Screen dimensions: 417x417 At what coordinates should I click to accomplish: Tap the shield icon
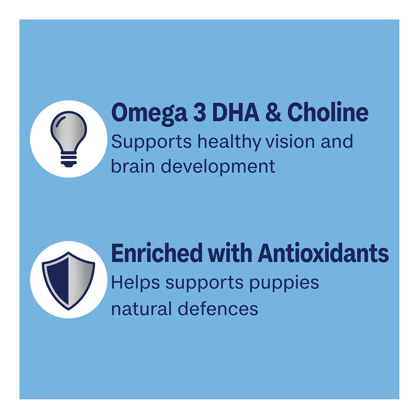tap(68, 281)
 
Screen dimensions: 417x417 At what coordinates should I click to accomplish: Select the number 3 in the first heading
tap(199, 112)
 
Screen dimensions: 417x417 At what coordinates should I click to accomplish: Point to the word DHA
tap(236, 112)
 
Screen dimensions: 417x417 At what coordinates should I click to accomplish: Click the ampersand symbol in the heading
tap(274, 112)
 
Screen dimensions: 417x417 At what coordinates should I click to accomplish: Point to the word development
tap(218, 167)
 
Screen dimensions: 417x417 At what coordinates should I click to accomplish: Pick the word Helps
tap(136, 283)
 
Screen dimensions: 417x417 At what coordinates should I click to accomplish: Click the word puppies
tap(284, 283)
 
